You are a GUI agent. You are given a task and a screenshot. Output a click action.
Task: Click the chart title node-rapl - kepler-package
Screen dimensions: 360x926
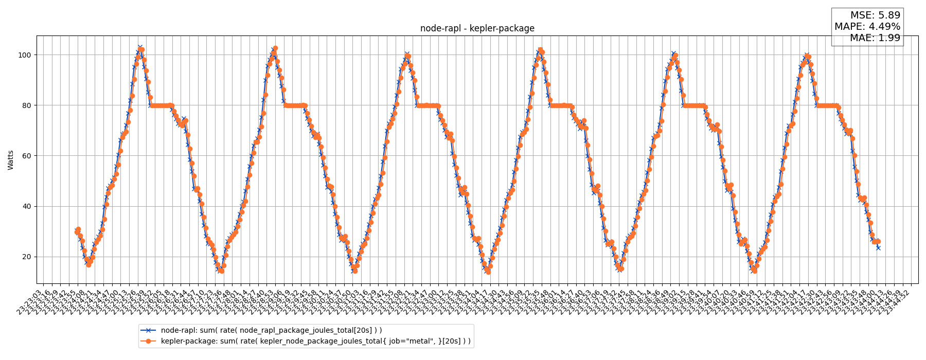[x=477, y=29]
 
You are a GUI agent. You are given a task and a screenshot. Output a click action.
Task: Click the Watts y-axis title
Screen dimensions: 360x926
[x=11, y=159]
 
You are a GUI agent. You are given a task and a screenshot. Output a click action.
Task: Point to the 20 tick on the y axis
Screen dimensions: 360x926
[x=26, y=257]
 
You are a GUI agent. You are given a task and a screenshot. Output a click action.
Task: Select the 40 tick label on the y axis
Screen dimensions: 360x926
[x=26, y=206]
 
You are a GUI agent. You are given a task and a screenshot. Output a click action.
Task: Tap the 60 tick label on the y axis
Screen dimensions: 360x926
[x=26, y=156]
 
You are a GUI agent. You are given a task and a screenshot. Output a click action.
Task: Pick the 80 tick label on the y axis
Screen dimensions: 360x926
[x=26, y=105]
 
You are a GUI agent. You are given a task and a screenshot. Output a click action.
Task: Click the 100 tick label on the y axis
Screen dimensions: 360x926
[x=24, y=55]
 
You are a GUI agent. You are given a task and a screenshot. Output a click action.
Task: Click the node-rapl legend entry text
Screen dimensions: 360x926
[x=271, y=330]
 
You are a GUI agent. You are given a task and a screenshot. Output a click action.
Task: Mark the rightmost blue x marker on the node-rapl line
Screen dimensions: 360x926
[x=878, y=248]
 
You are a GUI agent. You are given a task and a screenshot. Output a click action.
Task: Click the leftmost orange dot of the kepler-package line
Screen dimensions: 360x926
[x=77, y=232]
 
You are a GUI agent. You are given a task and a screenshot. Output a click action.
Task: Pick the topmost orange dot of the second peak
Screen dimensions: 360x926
[x=275, y=48]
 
